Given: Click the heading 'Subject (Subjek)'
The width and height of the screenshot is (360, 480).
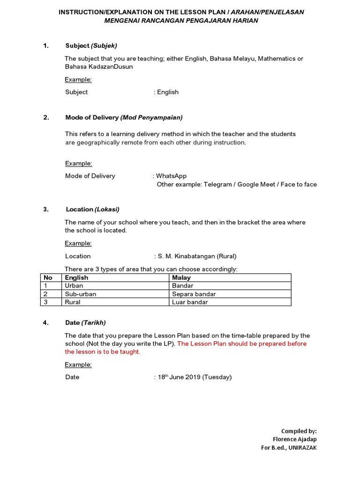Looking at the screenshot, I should (91, 45).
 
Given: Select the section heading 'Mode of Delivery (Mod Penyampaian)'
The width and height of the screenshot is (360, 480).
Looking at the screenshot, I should (124, 118).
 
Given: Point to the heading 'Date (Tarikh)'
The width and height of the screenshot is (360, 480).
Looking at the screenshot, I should (85, 322).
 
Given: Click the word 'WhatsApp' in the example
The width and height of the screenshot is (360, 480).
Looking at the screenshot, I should (171, 176).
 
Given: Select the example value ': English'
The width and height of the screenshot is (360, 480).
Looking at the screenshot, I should (166, 92).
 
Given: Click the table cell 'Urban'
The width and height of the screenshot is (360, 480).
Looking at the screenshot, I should (74, 285).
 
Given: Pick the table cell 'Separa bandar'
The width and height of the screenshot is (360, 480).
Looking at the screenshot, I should (194, 294).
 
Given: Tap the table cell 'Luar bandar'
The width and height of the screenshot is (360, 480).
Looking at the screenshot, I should (190, 302).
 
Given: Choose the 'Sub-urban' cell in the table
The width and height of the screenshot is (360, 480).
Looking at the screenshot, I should (81, 294).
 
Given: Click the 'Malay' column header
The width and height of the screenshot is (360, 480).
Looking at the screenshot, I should (181, 277).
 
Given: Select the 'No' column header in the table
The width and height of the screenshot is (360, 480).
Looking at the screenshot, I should (47, 277).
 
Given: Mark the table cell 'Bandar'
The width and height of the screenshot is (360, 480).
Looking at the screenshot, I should (182, 285).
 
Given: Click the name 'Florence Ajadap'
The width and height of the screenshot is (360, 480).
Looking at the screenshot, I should (295, 439).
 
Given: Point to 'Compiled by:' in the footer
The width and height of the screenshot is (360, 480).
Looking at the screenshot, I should (299, 431).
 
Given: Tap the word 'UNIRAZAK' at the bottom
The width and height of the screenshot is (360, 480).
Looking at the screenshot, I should (303, 448).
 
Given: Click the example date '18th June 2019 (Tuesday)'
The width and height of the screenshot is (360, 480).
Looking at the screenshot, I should (194, 377).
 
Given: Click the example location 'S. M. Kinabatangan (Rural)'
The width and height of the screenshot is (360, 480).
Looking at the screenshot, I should (197, 256).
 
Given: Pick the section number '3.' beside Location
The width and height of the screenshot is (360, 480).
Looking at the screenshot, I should (46, 210).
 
